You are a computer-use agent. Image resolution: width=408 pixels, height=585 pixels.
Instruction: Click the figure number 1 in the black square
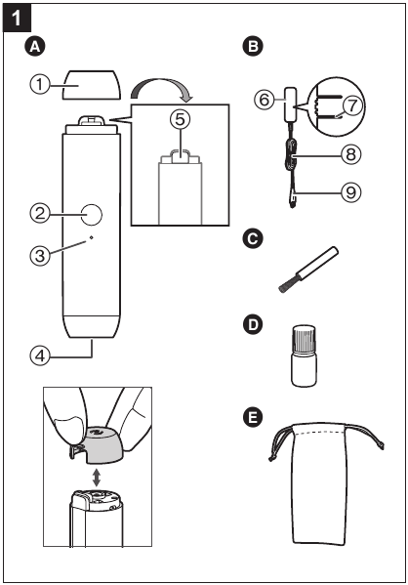pyautogui.click(x=19, y=18)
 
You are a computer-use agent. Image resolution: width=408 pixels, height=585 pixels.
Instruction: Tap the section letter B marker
pyautogui.click(x=256, y=46)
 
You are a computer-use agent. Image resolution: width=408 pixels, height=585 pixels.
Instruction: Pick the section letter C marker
pyautogui.click(x=256, y=237)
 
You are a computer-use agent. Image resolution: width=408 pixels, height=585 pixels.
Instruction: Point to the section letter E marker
pyautogui.click(x=256, y=417)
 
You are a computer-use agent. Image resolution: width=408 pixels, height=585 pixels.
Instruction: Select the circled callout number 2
pyautogui.click(x=37, y=212)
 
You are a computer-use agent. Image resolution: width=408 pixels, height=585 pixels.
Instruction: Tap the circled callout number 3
pyautogui.click(x=37, y=256)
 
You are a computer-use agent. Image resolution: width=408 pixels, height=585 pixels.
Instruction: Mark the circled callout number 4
pyautogui.click(x=37, y=355)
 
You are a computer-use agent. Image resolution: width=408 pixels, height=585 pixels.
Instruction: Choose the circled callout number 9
pyautogui.click(x=351, y=193)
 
